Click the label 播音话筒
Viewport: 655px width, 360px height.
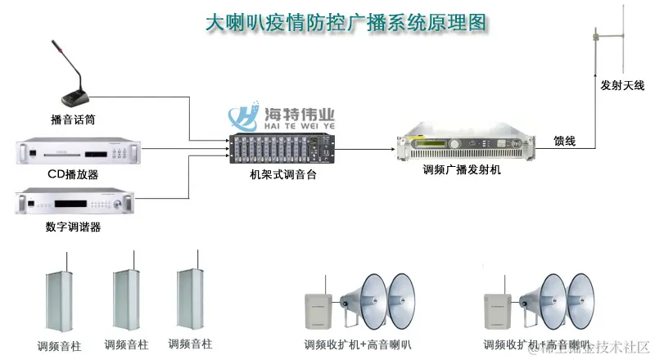click(x=73, y=119)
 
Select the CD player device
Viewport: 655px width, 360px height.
click(x=79, y=153)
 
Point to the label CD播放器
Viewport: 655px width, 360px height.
click(x=73, y=174)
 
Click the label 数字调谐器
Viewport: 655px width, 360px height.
click(x=73, y=227)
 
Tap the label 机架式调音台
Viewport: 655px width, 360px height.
click(x=283, y=174)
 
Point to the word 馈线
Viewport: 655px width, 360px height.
click(x=564, y=141)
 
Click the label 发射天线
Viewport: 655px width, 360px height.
click(x=622, y=85)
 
